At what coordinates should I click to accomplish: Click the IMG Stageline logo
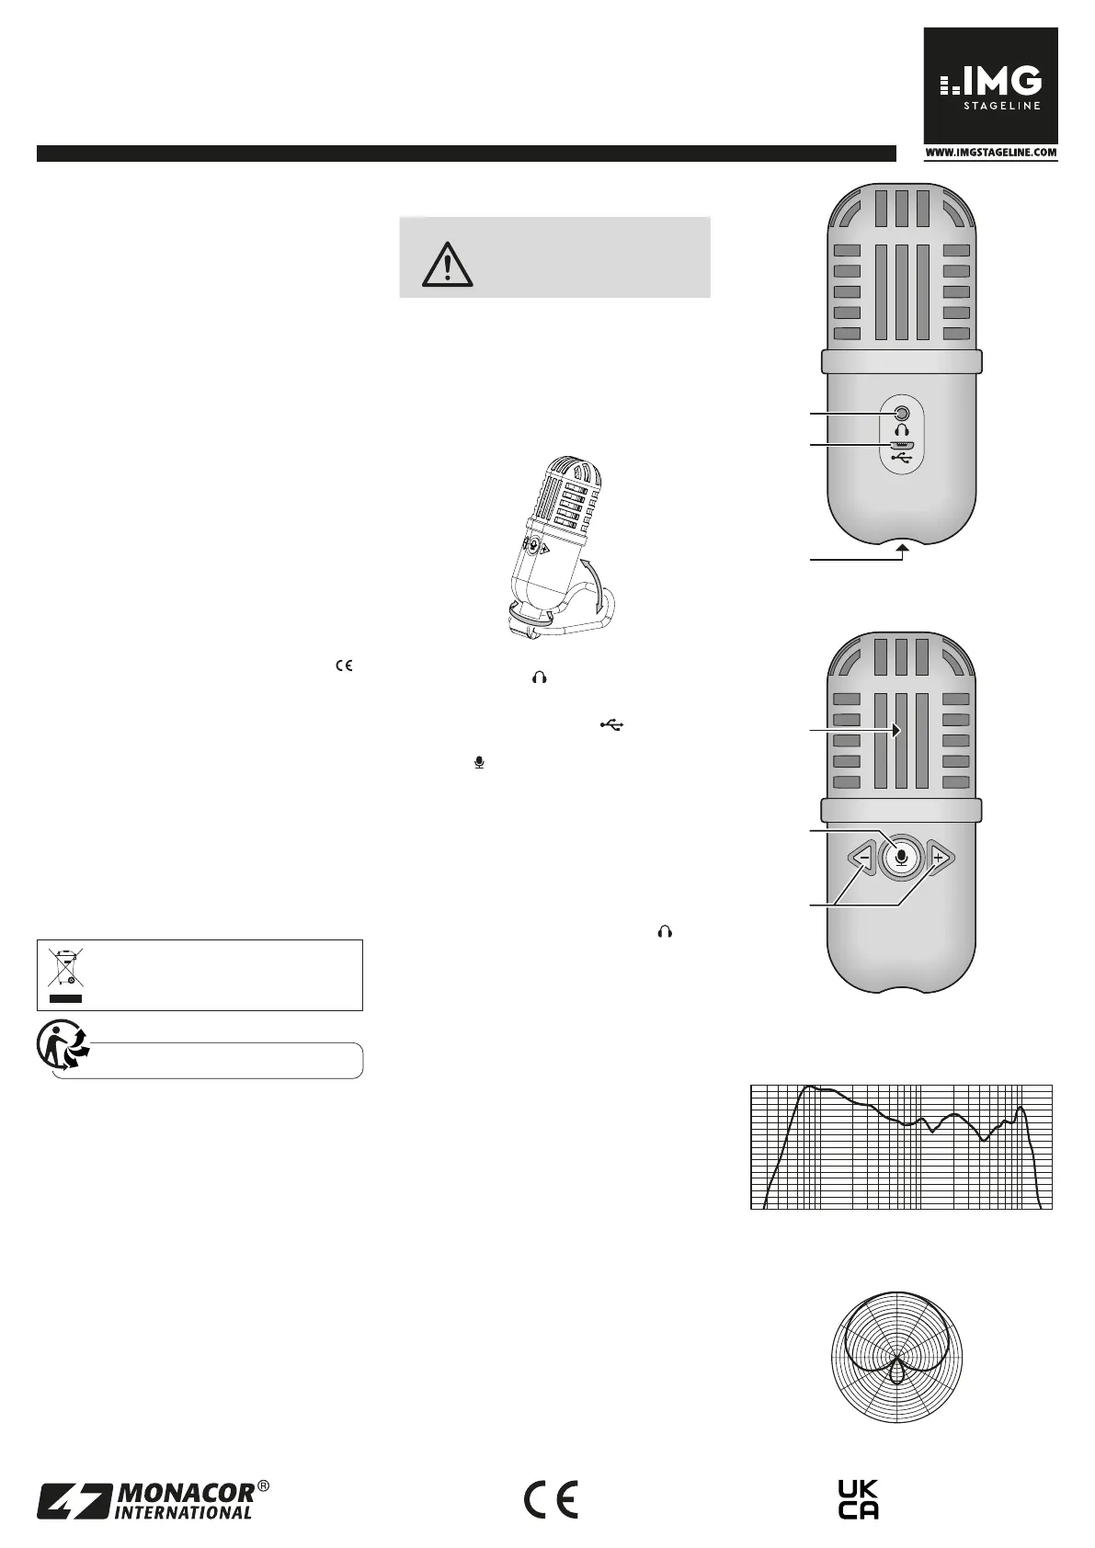[x=990, y=85]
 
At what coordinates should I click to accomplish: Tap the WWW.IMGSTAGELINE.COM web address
[x=990, y=154]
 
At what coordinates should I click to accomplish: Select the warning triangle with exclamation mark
[x=448, y=264]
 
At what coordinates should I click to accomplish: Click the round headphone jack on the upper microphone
[x=902, y=414]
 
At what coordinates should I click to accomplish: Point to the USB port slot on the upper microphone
[x=902, y=444]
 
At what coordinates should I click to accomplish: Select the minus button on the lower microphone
[x=863, y=859]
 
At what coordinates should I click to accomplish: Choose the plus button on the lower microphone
[x=939, y=859]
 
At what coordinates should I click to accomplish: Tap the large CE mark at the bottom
[x=551, y=1500]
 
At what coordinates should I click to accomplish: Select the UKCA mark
[x=859, y=1500]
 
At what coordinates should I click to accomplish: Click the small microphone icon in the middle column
[x=479, y=762]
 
